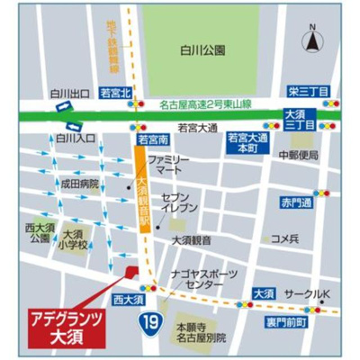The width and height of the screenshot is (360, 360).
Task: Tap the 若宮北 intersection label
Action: click(115, 92)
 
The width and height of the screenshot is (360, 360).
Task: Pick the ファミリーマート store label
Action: click(171, 163)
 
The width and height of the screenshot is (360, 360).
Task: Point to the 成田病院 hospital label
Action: click(78, 183)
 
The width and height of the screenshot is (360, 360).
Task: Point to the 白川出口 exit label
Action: click(67, 92)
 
